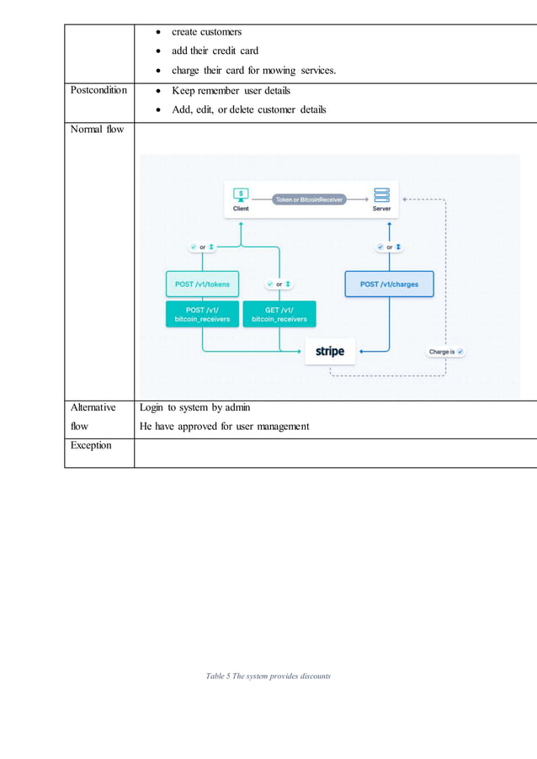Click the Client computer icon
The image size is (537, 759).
pos(241,194)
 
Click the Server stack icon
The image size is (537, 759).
pos(381,194)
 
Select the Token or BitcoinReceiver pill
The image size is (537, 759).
pos(310,199)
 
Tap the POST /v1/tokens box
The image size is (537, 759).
pos(202,284)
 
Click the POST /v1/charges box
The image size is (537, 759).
pos(389,284)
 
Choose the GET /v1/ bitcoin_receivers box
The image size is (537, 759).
pos(279,314)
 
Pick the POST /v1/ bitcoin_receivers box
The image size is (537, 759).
pos(202,314)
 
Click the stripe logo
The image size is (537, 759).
pos(330,351)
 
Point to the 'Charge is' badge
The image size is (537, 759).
pos(445,352)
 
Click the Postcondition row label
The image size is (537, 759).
pos(98,90)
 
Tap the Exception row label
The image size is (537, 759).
pos(92,445)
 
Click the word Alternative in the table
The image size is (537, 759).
pos(93,407)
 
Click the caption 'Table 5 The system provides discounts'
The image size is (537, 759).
pos(268,676)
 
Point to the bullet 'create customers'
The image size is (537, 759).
pos(206,32)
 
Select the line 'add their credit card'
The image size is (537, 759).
pos(215,50)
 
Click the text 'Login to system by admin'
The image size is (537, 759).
pos(194,407)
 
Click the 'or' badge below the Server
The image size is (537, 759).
pos(389,247)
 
